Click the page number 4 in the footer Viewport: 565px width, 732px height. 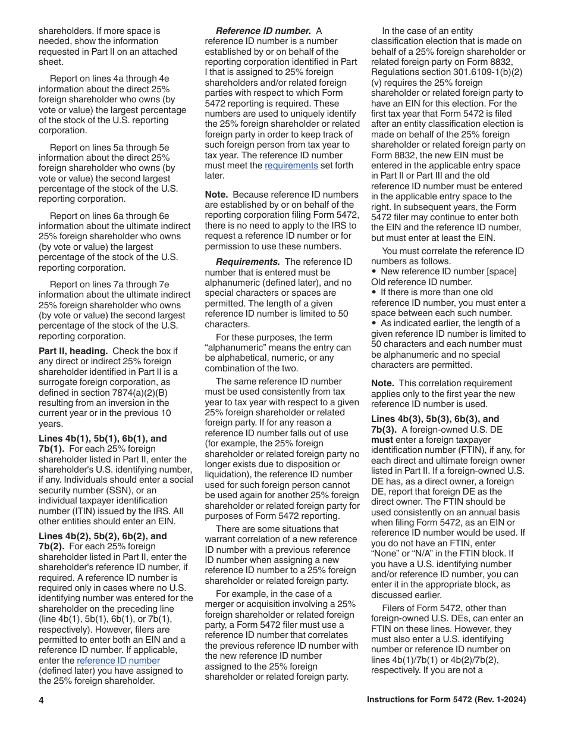click(42, 700)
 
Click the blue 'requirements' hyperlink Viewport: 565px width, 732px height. click(291, 165)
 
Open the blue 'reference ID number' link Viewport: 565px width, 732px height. click(118, 661)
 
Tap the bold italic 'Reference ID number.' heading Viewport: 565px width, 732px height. click(263, 31)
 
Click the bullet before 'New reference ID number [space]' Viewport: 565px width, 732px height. click(373, 272)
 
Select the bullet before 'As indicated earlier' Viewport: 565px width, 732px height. click(373, 324)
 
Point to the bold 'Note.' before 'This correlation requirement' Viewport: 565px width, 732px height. click(383, 383)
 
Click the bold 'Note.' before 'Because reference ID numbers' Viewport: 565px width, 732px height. click(216, 195)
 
